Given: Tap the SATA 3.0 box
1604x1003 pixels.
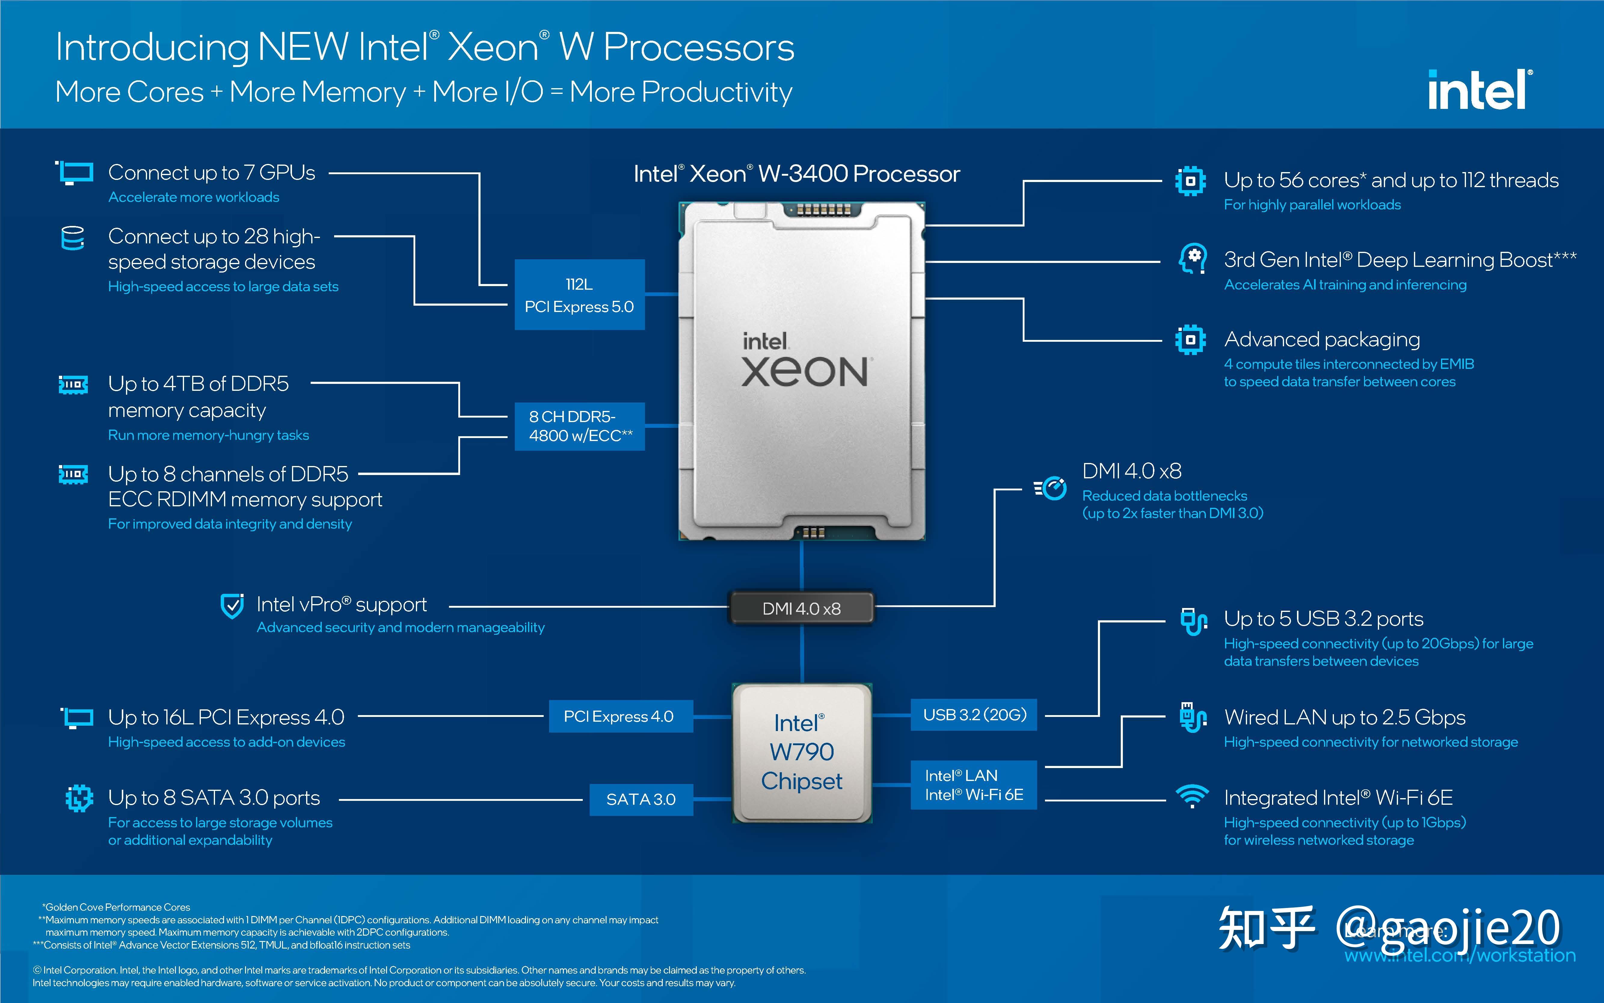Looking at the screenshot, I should (641, 799).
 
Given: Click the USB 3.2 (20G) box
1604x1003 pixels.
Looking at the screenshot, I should (973, 714).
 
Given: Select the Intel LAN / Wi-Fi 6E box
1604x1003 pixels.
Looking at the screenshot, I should (973, 785).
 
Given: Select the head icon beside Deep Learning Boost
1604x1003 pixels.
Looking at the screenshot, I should (1192, 259).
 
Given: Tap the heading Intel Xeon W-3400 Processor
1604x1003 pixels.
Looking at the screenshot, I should (796, 174).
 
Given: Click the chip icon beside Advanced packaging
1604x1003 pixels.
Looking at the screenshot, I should (1190, 340).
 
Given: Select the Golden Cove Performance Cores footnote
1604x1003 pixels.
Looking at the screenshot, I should (117, 907).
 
